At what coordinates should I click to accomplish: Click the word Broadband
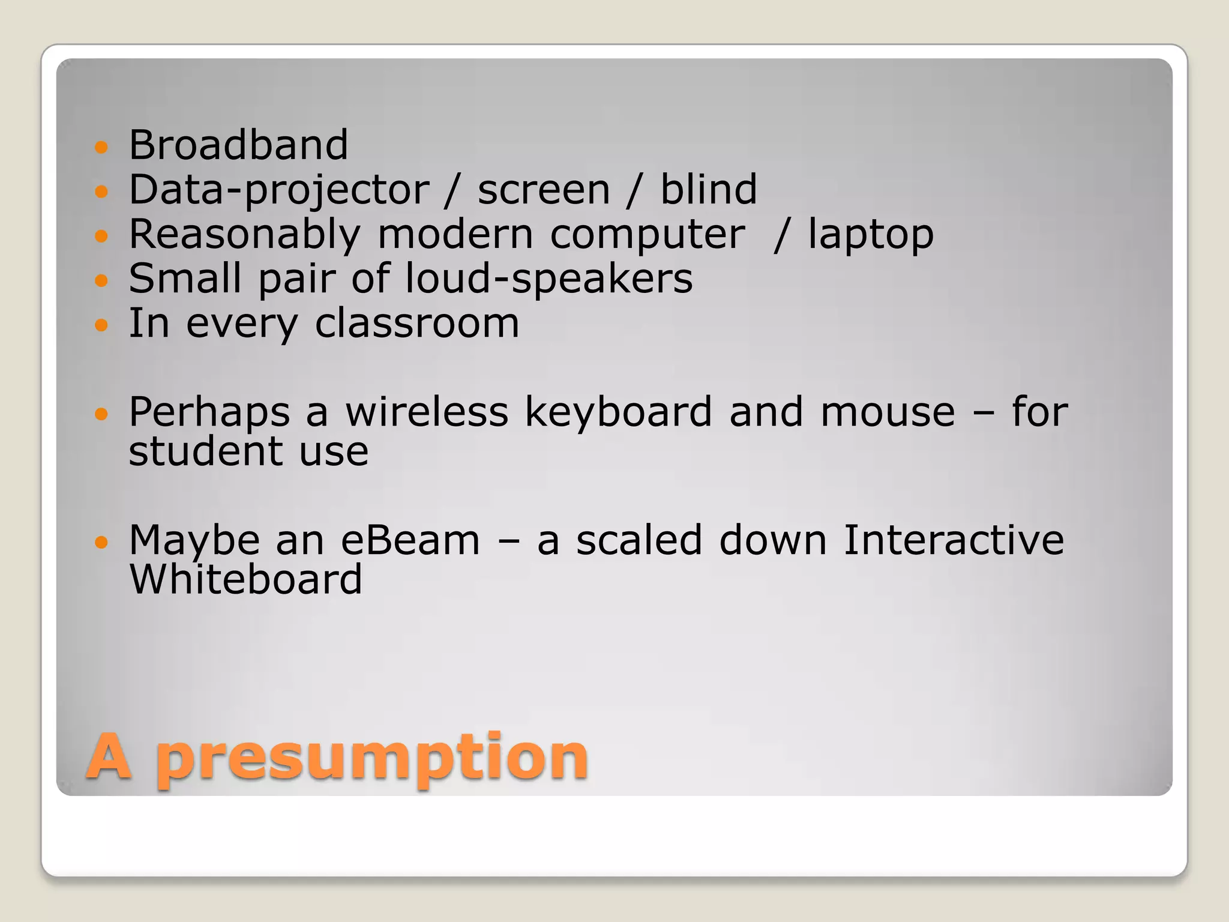click(238, 145)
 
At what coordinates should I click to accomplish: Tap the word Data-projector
click(279, 190)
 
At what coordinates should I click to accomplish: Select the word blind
click(708, 189)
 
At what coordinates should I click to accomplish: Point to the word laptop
click(871, 235)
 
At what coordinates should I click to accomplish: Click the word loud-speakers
click(548, 279)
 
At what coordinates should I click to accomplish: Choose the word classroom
click(416, 324)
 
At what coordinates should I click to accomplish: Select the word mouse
click(887, 413)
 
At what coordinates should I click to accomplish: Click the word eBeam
click(410, 540)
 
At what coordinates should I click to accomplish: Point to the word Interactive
click(954, 540)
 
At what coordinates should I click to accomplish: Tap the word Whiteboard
click(246, 580)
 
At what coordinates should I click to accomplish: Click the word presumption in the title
click(371, 758)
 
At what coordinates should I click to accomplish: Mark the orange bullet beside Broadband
click(101, 147)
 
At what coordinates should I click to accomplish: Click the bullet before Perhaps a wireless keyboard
click(101, 414)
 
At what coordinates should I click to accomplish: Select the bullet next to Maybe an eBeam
click(101, 542)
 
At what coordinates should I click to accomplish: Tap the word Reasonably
click(245, 235)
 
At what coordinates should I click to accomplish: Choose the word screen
click(544, 190)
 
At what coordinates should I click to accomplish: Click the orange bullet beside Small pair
click(101, 280)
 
